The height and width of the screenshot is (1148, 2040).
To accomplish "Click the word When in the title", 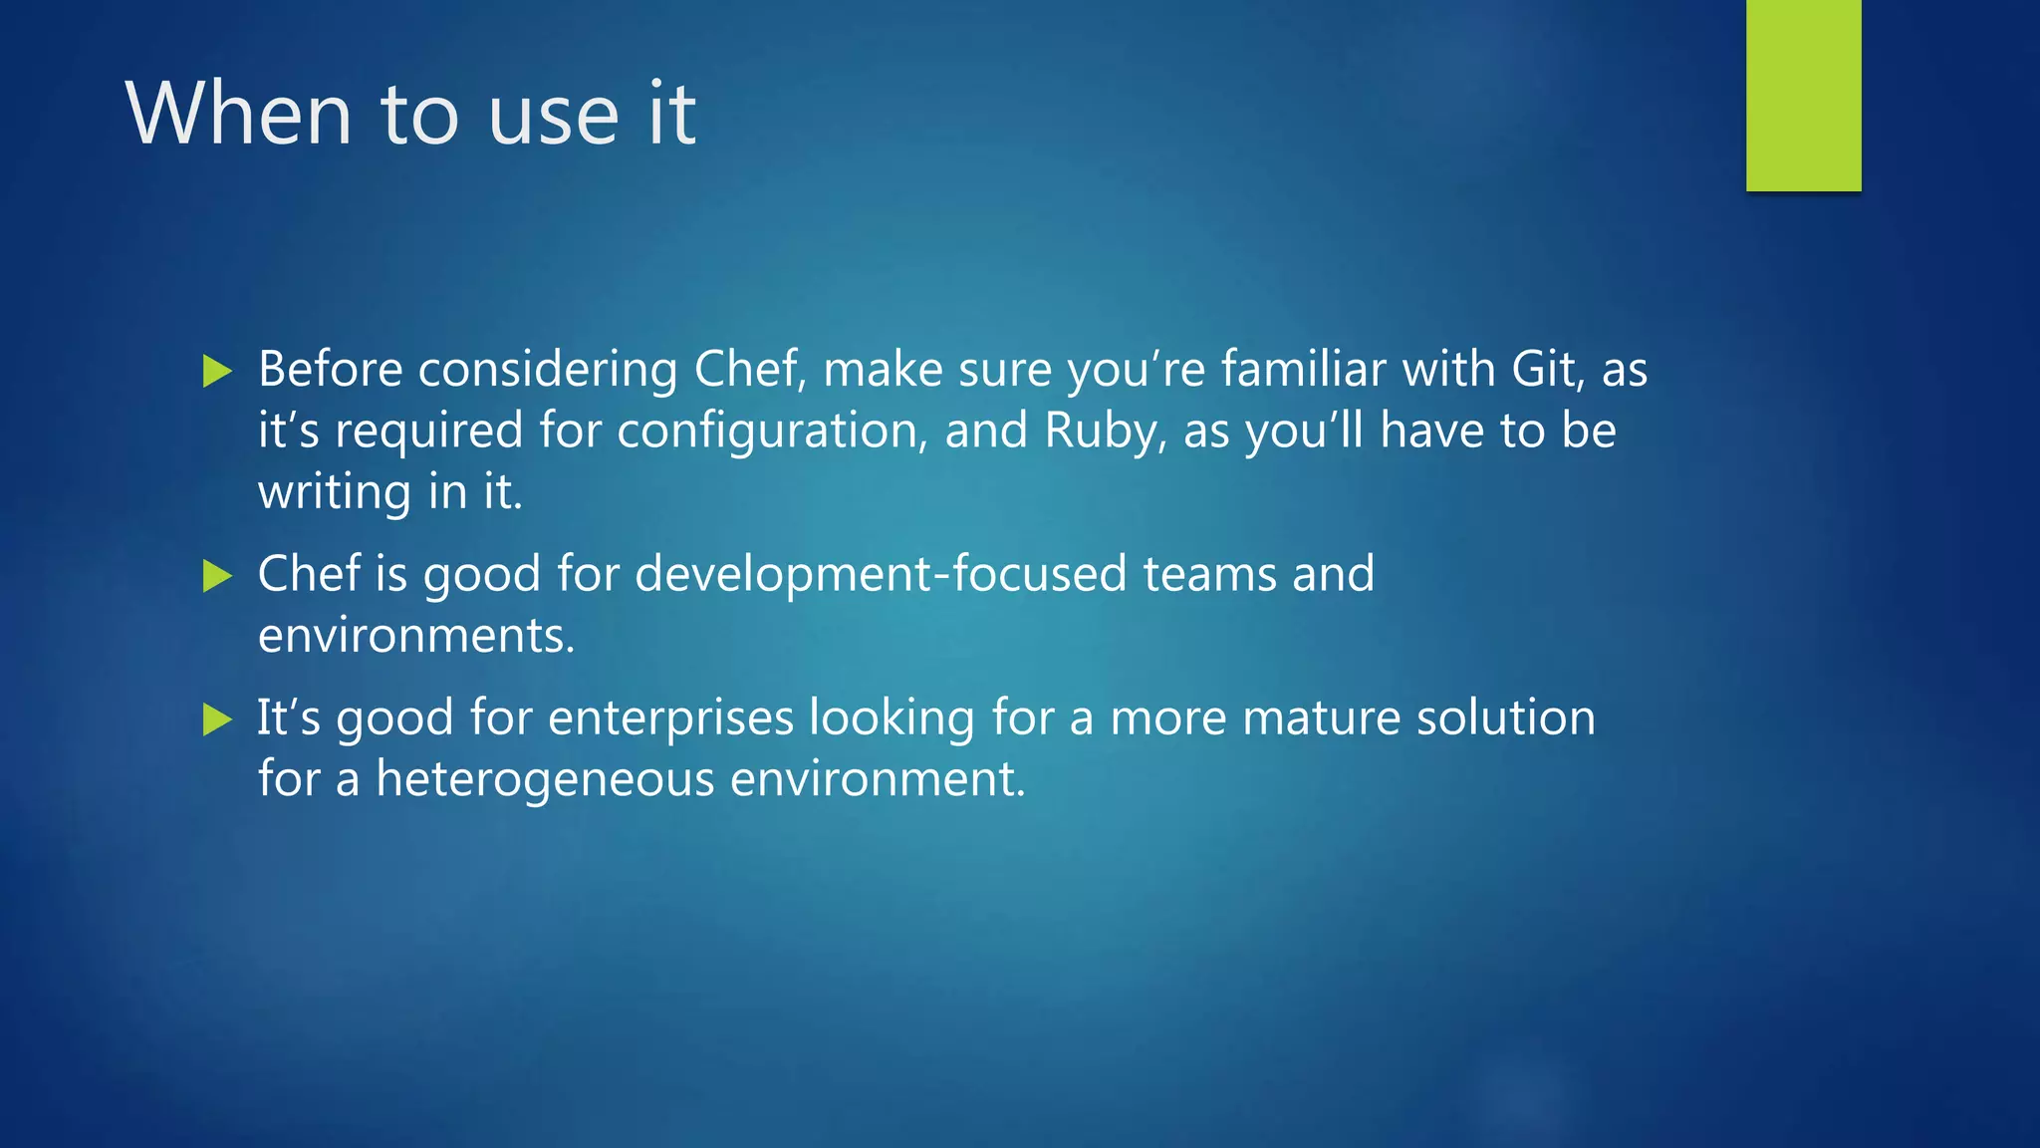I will click(239, 114).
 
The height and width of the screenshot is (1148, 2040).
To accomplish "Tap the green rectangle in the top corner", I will click(1803, 95).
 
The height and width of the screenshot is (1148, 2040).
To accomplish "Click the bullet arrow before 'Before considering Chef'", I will click(216, 372).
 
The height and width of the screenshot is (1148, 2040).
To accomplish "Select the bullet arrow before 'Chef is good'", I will click(216, 576).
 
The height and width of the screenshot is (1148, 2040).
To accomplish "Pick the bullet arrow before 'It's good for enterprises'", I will click(216, 719).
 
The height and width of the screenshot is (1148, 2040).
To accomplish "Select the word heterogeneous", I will click(545, 778).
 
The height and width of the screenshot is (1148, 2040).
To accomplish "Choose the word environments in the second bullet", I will click(416, 636).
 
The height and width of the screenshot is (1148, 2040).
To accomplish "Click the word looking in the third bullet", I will click(892, 718).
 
